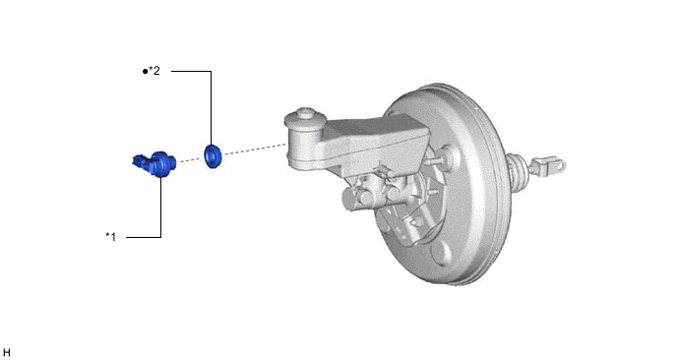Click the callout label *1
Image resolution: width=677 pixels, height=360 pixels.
pyautogui.click(x=111, y=236)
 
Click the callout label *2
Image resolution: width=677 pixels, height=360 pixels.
pyautogui.click(x=154, y=71)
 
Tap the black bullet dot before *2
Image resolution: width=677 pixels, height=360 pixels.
pyautogui.click(x=145, y=71)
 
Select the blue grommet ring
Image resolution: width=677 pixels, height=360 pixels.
pyautogui.click(x=213, y=156)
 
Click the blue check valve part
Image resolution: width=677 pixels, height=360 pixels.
pyautogui.click(x=154, y=164)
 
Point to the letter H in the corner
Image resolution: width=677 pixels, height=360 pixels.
pyautogui.click(x=7, y=353)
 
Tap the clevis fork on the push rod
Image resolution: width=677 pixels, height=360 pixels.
pyautogui.click(x=548, y=166)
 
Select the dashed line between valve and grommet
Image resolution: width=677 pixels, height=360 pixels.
pyautogui.click(x=190, y=159)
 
